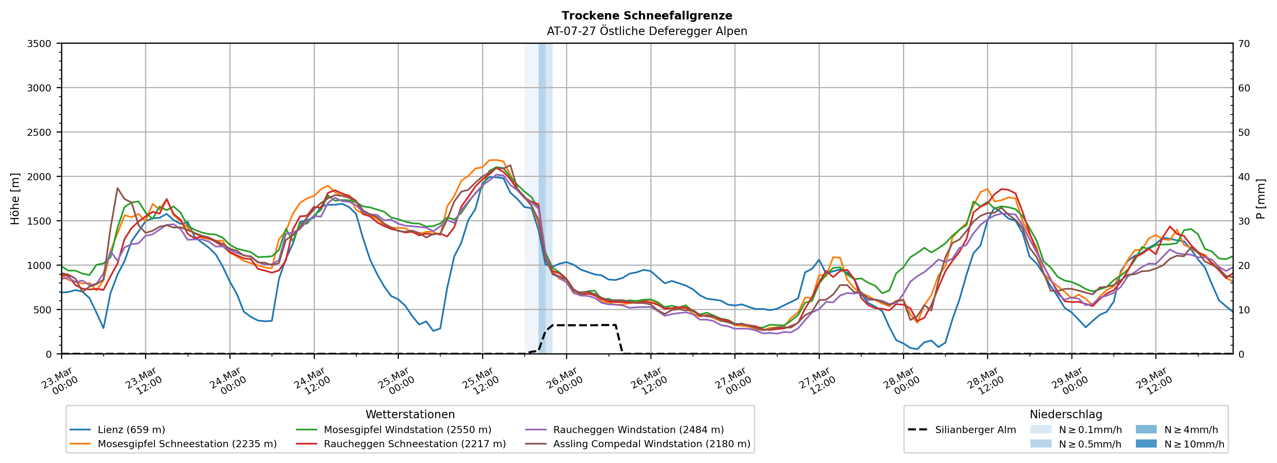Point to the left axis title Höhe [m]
(x=15, y=198)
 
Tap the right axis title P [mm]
(x=1261, y=198)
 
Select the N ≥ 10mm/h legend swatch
(x=1146, y=443)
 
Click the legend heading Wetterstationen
(x=410, y=414)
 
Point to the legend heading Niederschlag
(x=1066, y=414)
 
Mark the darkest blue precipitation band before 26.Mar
(x=542, y=198)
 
